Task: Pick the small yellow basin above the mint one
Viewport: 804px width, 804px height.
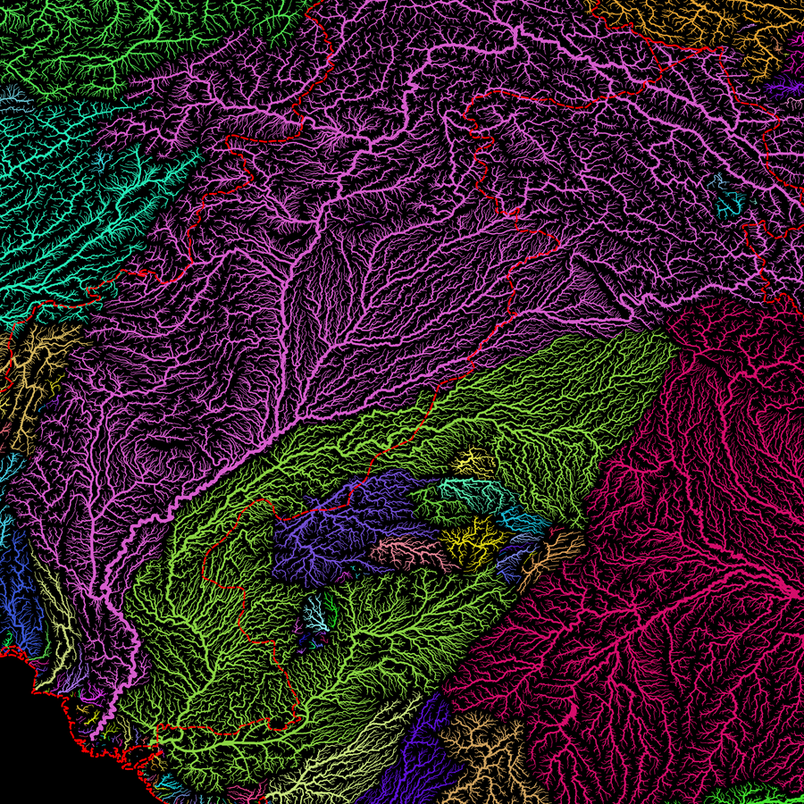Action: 473,462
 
